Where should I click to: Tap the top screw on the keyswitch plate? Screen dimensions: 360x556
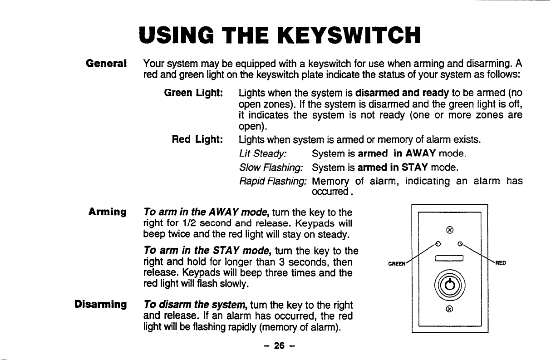(448, 229)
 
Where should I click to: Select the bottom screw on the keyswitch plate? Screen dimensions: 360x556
(448, 310)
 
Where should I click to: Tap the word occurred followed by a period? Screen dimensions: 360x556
(331, 192)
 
